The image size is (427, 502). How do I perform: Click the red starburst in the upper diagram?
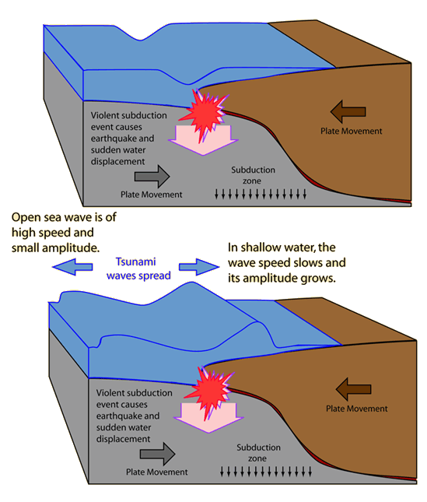point(205,114)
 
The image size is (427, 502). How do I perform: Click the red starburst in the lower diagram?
point(210,391)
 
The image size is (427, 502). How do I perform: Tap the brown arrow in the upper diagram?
point(348,112)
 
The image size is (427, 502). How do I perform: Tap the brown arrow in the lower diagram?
point(353,389)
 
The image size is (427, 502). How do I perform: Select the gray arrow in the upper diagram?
point(152,177)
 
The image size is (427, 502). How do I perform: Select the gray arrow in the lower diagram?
point(157,454)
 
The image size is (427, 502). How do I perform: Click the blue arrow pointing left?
point(72,267)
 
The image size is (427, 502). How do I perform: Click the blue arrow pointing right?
point(199,267)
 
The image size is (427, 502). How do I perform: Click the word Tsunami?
point(135,262)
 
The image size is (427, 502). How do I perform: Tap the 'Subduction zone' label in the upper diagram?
point(253,175)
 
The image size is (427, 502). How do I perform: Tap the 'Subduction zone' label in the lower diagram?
point(258,453)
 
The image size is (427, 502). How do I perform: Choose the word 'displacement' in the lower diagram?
point(123,439)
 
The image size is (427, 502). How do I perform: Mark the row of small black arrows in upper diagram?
point(260,194)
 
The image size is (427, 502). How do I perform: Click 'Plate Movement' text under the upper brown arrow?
point(352,132)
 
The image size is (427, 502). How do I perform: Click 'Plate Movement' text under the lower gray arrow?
point(157,472)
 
